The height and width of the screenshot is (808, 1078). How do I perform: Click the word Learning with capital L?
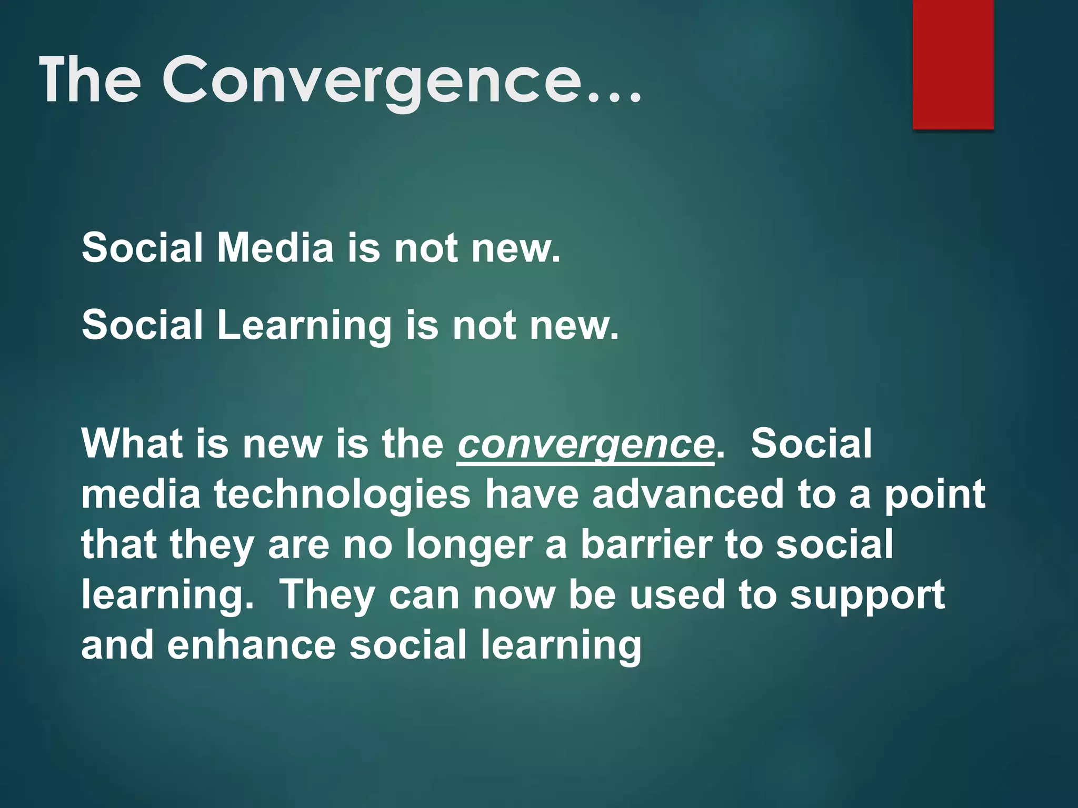tap(304, 325)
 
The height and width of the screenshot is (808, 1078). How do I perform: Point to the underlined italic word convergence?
tap(586, 445)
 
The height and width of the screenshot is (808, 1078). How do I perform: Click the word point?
tap(934, 495)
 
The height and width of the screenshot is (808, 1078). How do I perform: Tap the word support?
tap(867, 596)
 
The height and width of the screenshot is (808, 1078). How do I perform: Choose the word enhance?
tap(251, 645)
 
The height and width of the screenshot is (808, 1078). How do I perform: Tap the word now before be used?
tap(514, 596)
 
